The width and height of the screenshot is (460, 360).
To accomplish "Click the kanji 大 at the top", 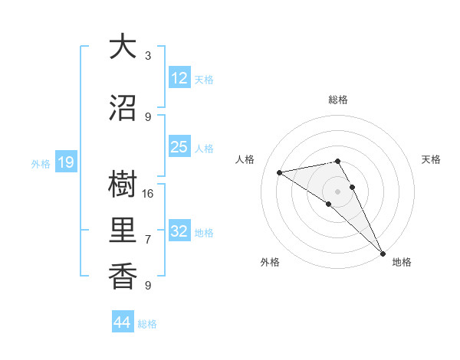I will pyautogui.click(x=123, y=47).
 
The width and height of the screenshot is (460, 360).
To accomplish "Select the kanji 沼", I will pyautogui.click(x=123, y=109).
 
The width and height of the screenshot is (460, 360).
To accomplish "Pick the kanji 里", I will pyautogui.click(x=123, y=231).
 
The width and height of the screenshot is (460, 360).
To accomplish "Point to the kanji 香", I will pyautogui.click(x=123, y=276).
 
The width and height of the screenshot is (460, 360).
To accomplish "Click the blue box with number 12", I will pyautogui.click(x=179, y=78).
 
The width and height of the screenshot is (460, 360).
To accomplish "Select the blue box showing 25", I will pyautogui.click(x=179, y=147).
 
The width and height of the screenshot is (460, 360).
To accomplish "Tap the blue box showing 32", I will pyautogui.click(x=179, y=231).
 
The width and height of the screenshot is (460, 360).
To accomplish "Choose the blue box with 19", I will pyautogui.click(x=65, y=162).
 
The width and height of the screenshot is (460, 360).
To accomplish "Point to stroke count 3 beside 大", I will pyautogui.click(x=148, y=55).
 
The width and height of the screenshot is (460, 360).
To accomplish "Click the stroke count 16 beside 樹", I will pyautogui.click(x=148, y=193).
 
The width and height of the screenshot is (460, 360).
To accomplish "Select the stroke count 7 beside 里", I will pyautogui.click(x=148, y=239).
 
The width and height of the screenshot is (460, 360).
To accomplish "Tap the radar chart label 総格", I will pyautogui.click(x=338, y=100).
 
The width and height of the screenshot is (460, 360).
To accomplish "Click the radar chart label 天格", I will pyautogui.click(x=431, y=159).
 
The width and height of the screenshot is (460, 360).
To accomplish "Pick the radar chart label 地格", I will pyautogui.click(x=402, y=262).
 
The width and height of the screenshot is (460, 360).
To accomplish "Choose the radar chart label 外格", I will pyautogui.click(x=270, y=262).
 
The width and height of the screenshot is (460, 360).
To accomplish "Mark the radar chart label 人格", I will pyautogui.click(x=245, y=159).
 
